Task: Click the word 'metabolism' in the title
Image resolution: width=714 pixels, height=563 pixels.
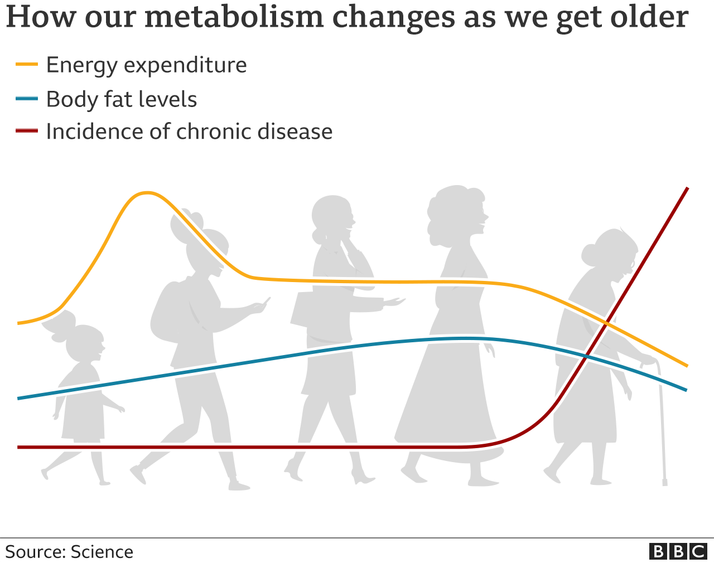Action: pyautogui.click(x=234, y=17)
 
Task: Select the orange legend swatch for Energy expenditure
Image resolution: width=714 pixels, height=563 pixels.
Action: pyautogui.click(x=27, y=65)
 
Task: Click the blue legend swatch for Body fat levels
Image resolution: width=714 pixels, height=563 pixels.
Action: pyautogui.click(x=27, y=99)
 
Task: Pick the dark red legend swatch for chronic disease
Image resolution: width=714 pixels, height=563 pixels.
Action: pyautogui.click(x=27, y=132)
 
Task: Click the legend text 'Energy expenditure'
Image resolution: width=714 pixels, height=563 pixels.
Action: pyautogui.click(x=146, y=65)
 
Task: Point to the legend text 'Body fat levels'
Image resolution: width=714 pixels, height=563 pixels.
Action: pyautogui.click(x=121, y=100)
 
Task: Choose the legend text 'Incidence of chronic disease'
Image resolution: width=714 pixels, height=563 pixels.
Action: pyautogui.click(x=189, y=132)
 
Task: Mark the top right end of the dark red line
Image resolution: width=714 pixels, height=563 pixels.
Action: pyautogui.click(x=687, y=189)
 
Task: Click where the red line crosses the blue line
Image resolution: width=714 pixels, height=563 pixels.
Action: pyautogui.click(x=586, y=355)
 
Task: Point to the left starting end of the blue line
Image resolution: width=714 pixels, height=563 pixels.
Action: pyautogui.click(x=19, y=398)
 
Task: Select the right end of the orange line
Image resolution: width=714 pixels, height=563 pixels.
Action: pyautogui.click(x=686, y=366)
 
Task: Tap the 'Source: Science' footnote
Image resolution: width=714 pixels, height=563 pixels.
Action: pyautogui.click(x=69, y=552)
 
